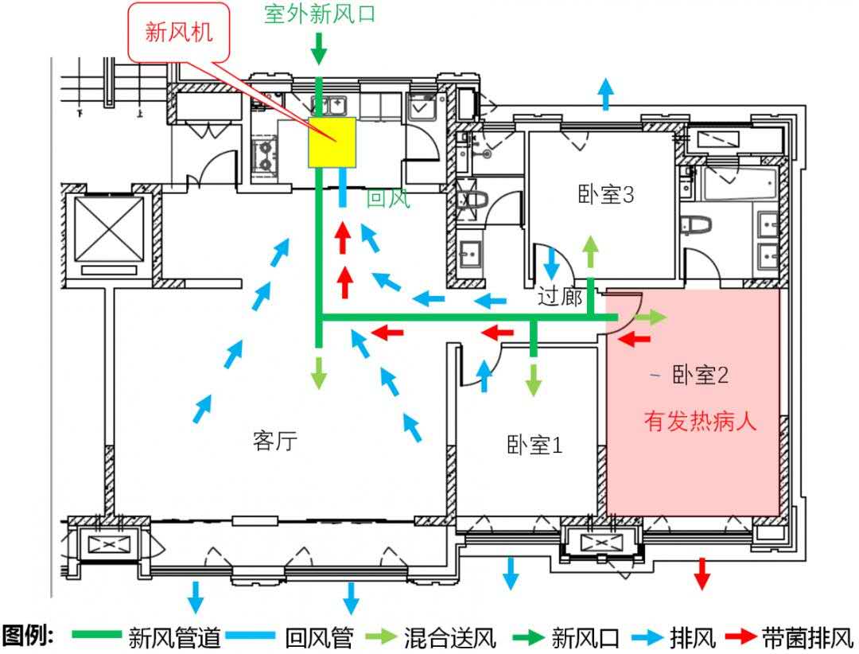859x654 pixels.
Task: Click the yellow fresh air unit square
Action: tap(332, 142)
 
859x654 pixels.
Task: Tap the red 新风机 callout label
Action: tap(179, 33)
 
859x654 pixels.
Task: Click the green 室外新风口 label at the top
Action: tap(320, 14)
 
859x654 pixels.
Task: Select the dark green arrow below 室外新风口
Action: tap(319, 49)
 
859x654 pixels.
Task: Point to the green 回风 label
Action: tap(388, 198)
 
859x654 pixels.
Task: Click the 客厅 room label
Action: tap(275, 440)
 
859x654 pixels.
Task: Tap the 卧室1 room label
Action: tap(534, 445)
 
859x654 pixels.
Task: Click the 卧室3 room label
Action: tap(606, 194)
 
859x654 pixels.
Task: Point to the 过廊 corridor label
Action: tap(559, 297)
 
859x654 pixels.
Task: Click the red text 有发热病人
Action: tap(700, 421)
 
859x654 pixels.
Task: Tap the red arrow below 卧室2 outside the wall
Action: tap(702, 574)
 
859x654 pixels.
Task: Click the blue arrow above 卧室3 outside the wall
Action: tap(605, 94)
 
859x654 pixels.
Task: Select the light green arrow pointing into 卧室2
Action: tap(651, 317)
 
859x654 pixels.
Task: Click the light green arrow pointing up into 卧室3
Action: tap(590, 252)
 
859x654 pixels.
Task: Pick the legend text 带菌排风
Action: tap(807, 638)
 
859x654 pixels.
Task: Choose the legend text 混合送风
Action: tap(449, 638)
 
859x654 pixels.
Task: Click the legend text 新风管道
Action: tap(174, 638)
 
